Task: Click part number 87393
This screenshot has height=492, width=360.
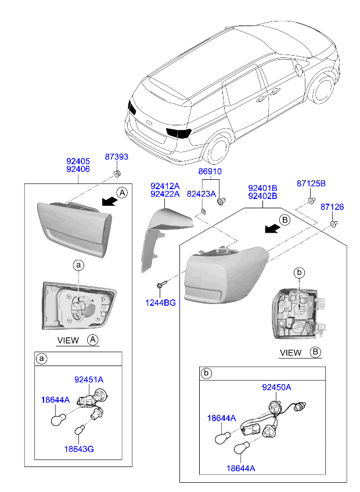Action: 117,157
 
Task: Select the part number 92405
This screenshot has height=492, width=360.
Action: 78,161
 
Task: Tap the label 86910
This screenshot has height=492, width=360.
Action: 210,171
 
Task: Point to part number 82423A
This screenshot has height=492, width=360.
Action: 201,194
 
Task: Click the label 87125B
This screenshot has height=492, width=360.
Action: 311,183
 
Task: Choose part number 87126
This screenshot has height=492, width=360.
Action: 332,207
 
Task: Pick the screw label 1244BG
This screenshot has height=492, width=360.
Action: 160,303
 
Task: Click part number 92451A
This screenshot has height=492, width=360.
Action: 89,379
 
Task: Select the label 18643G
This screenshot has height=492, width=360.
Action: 79,449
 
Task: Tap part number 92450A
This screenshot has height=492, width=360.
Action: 276,388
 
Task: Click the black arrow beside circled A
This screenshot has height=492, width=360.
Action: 109,201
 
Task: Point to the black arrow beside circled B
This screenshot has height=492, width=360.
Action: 272,229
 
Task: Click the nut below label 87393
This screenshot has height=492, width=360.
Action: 117,173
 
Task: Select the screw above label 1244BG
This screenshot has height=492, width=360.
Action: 161,284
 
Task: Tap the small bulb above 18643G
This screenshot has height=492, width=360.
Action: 80,429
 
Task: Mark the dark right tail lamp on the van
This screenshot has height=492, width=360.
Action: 178,133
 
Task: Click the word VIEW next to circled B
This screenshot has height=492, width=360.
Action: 290,353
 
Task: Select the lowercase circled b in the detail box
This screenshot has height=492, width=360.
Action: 206,373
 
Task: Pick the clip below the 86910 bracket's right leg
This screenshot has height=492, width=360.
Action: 221,201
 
